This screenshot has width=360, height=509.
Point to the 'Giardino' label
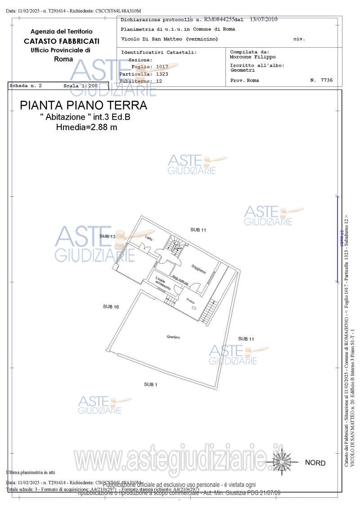coord(173,337)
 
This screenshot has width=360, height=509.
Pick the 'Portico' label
coord(190,300)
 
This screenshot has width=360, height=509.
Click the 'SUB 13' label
coord(108,236)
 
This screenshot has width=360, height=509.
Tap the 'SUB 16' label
coord(111,306)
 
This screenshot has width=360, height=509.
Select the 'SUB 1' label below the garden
coord(150,384)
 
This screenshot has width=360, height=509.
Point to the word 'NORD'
coord(315,463)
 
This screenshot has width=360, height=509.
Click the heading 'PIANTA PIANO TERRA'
coord(84,106)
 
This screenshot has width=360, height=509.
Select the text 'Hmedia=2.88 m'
coord(86,127)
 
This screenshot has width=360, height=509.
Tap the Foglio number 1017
coord(162,67)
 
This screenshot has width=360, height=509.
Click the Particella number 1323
coord(162,74)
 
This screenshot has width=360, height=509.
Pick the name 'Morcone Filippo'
coord(252,57)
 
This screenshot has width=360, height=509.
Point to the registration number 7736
coord(327,80)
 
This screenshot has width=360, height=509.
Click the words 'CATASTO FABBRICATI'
coord(62,41)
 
